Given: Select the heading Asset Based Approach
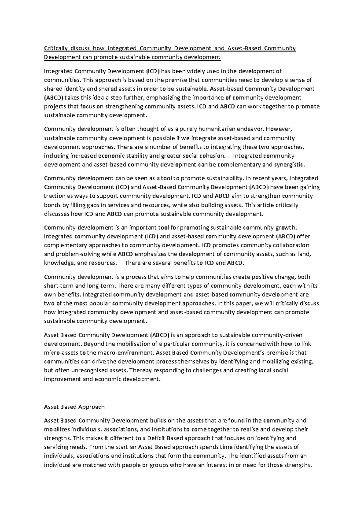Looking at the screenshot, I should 74,407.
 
